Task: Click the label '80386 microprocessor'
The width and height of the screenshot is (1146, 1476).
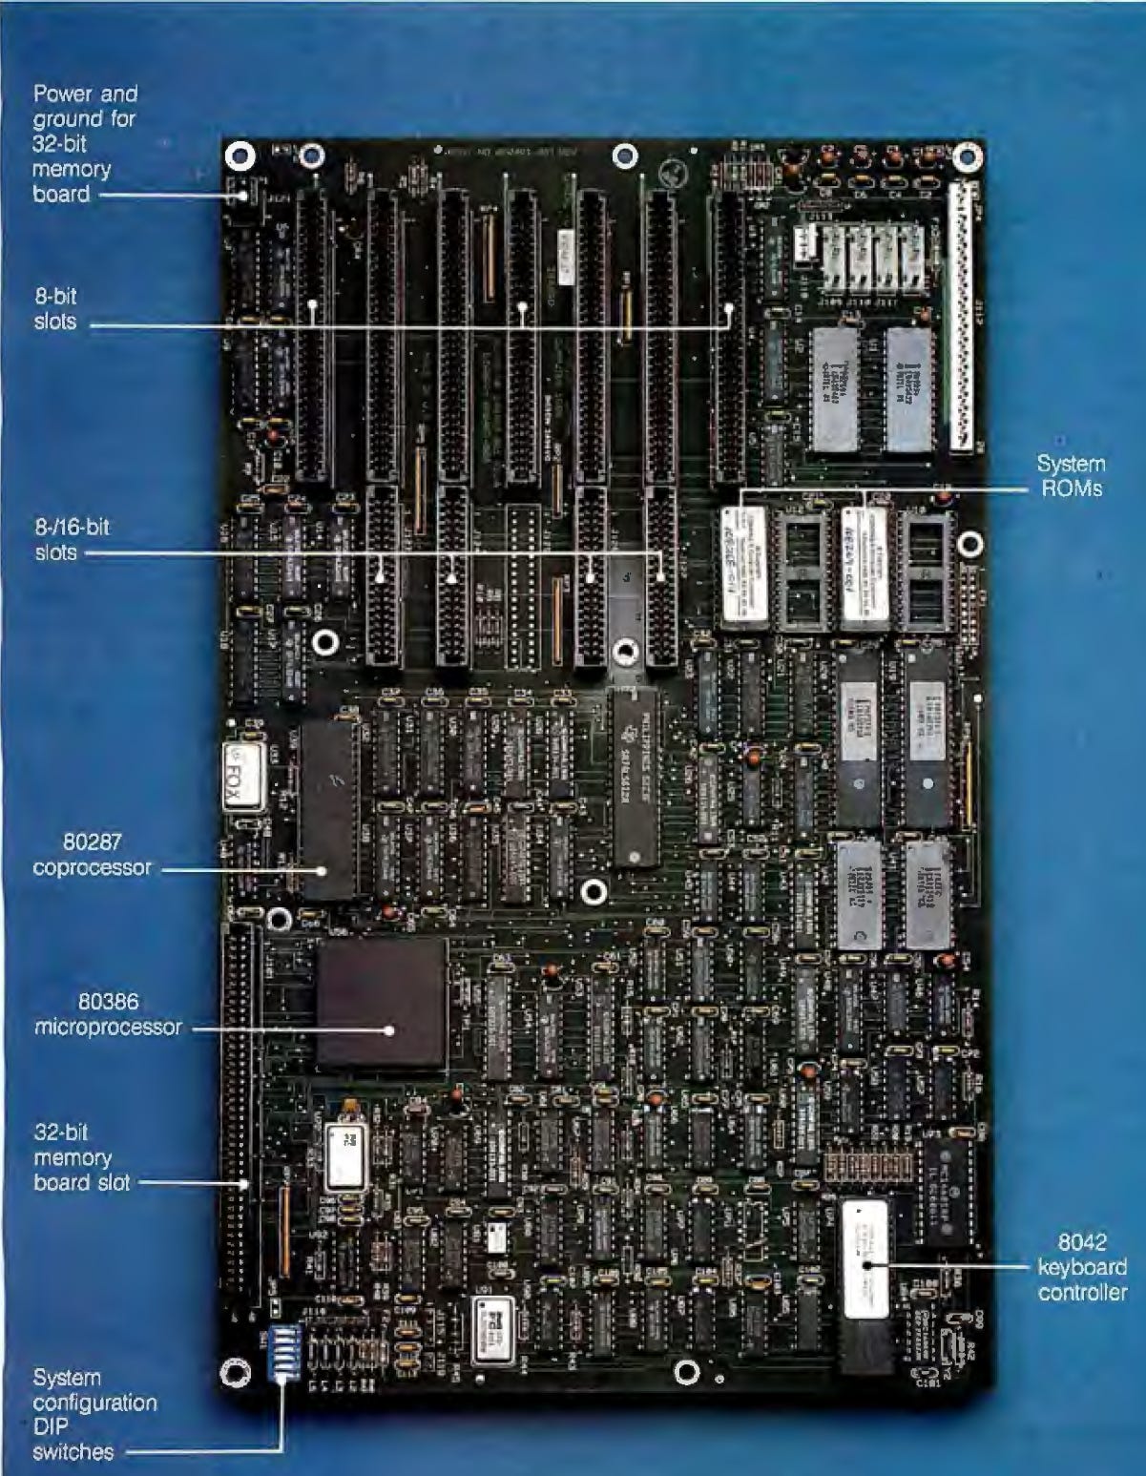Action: [x=108, y=1014]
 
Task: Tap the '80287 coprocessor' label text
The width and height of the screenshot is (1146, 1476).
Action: [x=92, y=855]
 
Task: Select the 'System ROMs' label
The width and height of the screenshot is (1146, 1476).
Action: [x=1071, y=475]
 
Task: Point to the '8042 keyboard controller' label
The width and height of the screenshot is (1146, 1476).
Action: [x=1081, y=1267]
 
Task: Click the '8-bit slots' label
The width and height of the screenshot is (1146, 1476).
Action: [x=55, y=309]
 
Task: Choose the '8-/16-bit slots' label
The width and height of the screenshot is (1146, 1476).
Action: [x=72, y=539]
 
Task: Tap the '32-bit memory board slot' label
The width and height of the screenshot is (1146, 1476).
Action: [x=73, y=1157]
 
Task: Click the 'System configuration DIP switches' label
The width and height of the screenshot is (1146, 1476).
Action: [x=93, y=1415]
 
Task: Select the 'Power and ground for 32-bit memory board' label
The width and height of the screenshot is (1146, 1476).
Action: [x=84, y=144]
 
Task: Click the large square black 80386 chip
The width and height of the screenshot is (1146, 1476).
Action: [x=382, y=1002]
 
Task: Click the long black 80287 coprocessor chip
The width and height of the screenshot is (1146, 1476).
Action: [x=328, y=809]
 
